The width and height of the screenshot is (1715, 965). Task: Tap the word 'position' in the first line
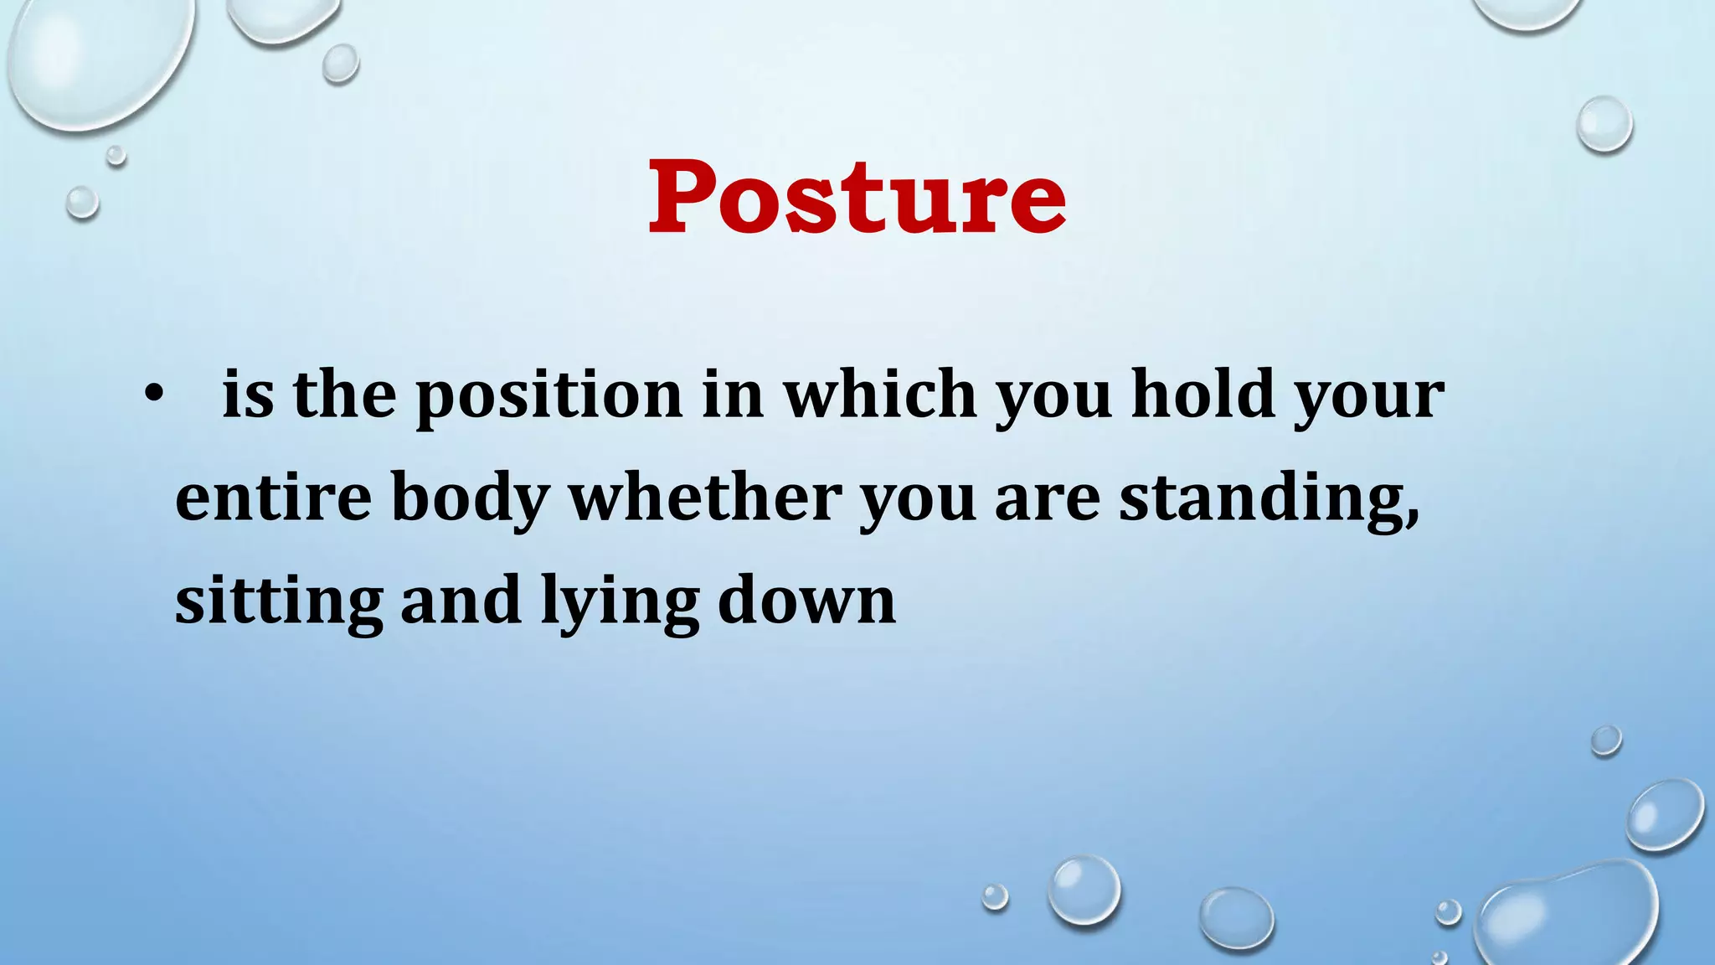click(549, 395)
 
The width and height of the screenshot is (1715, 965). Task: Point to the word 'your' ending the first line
click(1370, 397)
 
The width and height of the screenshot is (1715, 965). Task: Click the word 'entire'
click(273, 498)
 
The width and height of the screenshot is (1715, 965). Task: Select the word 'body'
click(470, 499)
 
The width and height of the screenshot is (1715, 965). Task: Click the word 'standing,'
click(1269, 499)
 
